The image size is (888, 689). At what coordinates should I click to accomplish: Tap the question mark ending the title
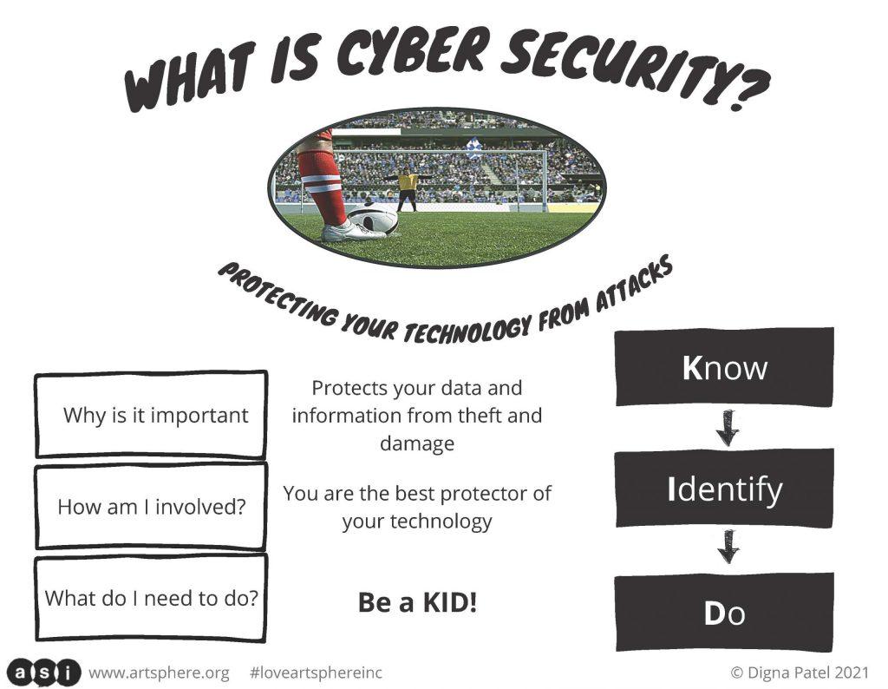747,89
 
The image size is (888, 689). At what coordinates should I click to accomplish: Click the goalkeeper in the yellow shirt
408,189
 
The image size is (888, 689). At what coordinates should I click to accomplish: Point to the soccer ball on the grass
372,218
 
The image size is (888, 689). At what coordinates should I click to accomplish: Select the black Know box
724,367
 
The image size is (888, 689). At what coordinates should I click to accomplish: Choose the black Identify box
724,489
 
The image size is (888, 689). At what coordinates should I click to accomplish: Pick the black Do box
724,613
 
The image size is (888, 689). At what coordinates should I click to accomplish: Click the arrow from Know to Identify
728,428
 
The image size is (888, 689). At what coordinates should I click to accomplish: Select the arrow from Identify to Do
728,547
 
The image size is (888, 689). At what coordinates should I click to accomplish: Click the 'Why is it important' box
151,414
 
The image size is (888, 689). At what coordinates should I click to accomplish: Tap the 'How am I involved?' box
151,506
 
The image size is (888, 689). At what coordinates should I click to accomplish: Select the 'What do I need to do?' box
151,599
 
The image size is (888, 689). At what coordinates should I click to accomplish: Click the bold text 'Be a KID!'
417,602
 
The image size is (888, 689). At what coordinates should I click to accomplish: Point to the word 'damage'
417,443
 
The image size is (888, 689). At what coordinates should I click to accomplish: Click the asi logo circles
44,673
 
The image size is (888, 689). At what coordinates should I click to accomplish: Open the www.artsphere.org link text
160,673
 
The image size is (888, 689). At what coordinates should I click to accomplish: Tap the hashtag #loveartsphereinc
316,673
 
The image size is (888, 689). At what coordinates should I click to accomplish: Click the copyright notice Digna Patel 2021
800,673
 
